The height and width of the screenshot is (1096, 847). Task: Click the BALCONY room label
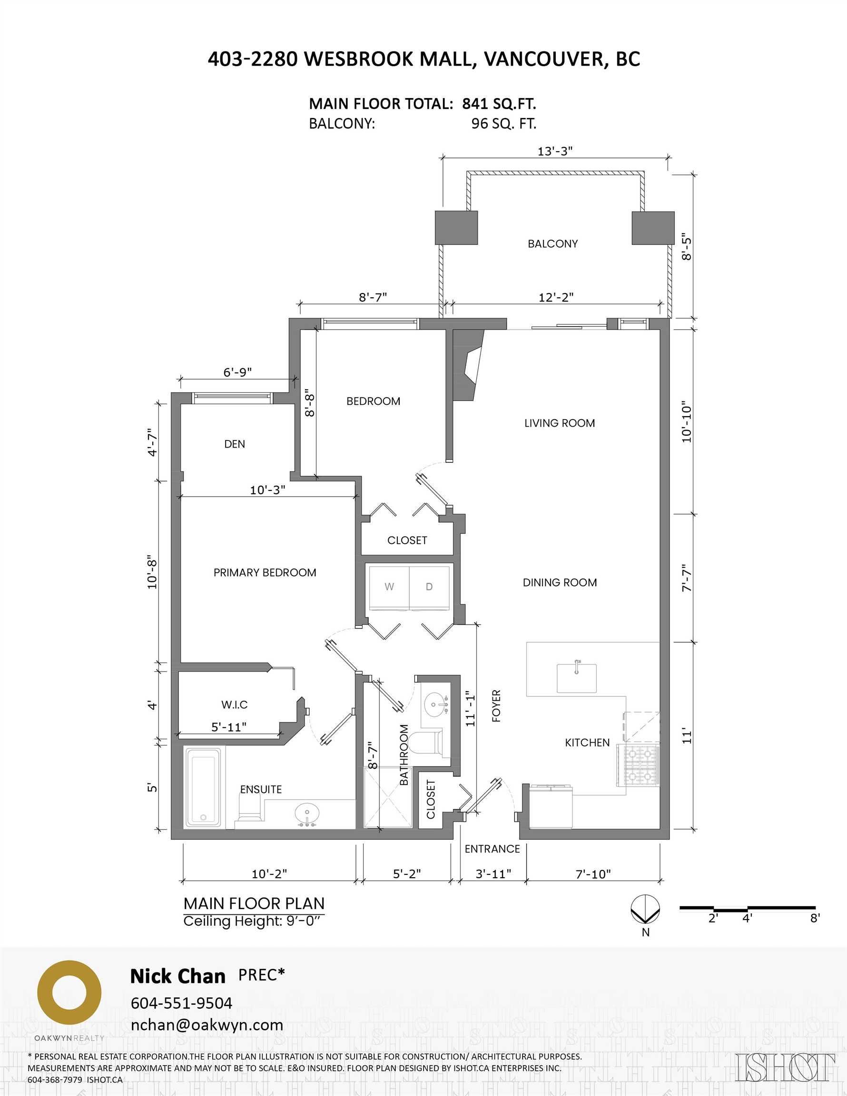click(552, 244)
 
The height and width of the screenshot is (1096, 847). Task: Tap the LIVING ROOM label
click(559, 423)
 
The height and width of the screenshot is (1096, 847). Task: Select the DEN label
click(235, 444)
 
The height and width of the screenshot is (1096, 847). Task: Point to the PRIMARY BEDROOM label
click(265, 573)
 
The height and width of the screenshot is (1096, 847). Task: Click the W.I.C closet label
click(234, 705)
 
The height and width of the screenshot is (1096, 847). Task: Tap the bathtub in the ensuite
click(203, 787)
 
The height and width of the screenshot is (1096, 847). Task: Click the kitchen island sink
click(576, 677)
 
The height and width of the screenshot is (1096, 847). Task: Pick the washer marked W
click(389, 587)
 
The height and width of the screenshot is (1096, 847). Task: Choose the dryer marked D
click(429, 587)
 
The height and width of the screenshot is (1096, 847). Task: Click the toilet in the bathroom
click(426, 743)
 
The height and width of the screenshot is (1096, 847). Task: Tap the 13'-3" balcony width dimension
click(555, 151)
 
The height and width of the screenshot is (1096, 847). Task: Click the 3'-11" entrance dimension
click(493, 874)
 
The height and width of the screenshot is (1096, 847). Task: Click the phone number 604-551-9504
click(181, 1003)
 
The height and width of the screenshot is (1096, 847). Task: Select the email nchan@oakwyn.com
click(207, 1025)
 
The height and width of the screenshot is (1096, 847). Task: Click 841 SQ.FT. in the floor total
click(499, 104)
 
